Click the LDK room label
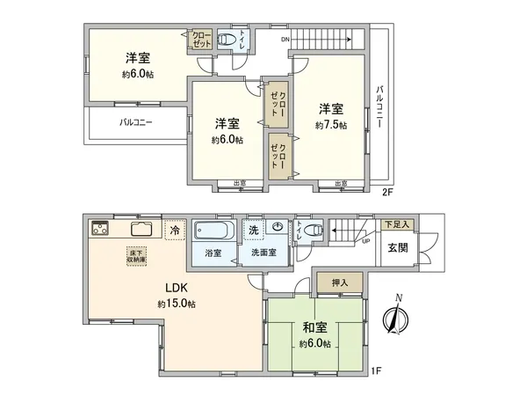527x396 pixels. point(177,288)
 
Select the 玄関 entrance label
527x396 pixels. point(398,247)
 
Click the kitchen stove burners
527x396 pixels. point(98,230)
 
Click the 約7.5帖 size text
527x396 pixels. point(331,125)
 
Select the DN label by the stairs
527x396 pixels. point(285,40)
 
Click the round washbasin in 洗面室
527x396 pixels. point(278,227)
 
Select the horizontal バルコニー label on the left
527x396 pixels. point(135,123)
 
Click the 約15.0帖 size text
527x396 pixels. point(177,304)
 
